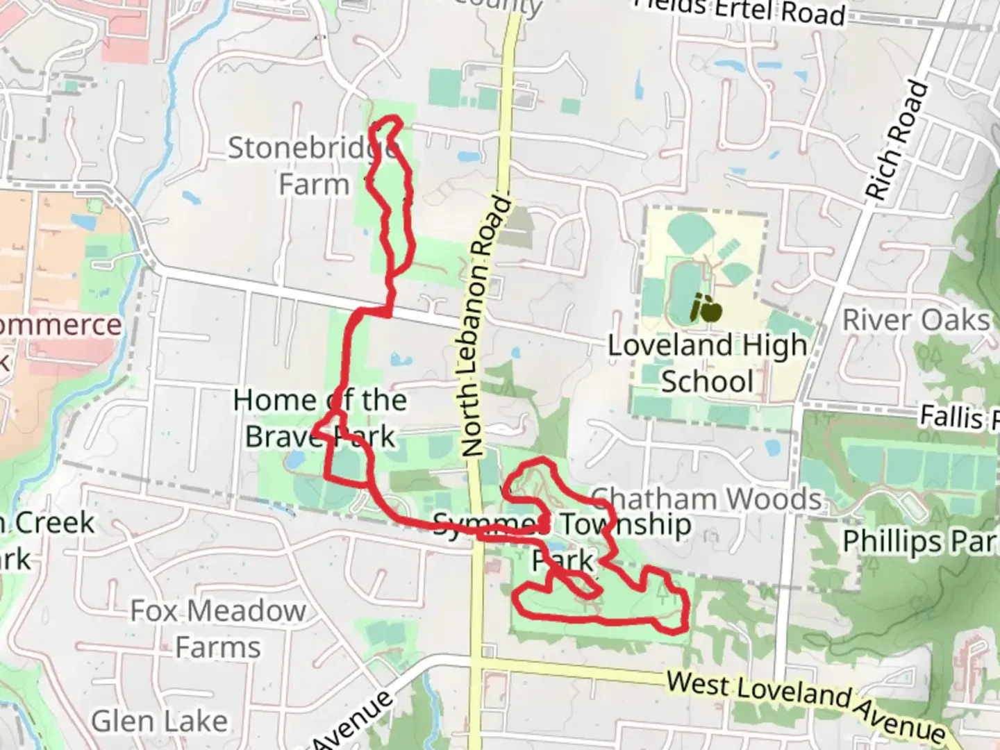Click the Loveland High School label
(707, 363)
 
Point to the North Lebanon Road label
(485, 326)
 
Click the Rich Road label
(897, 141)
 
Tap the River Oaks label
(915, 321)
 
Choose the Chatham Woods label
(706, 499)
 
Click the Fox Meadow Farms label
(217, 628)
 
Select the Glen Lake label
(159, 721)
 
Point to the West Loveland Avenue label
(806, 703)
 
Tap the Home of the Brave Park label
(319, 418)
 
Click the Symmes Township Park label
(562, 542)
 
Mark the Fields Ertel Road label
(740, 10)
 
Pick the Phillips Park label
(920, 542)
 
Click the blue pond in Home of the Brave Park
(294, 459)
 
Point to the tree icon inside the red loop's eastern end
(661, 592)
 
